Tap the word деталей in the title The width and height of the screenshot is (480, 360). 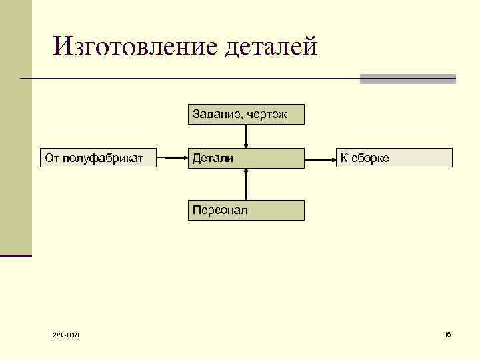271,47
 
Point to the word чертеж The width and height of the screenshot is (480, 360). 267,114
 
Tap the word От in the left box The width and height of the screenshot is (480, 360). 52,158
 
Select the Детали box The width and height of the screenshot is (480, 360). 246,158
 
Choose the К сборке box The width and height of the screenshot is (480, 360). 393,158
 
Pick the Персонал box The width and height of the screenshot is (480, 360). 246,211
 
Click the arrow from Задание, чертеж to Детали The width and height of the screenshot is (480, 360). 247,135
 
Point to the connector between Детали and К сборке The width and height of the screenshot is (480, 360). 320,158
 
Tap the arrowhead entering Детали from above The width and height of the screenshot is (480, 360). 247,145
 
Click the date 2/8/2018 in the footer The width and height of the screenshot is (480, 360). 65,334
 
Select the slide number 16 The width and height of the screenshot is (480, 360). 447,333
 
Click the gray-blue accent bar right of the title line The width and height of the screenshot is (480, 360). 407,79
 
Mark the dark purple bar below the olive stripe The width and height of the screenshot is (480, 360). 16,255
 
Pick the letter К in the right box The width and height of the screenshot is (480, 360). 344,158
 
